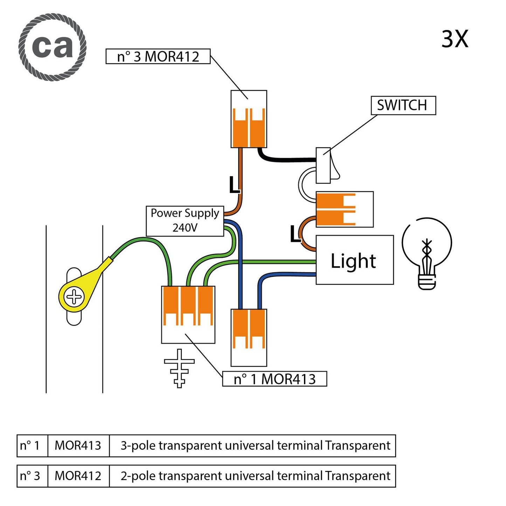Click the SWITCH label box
pos(403,105)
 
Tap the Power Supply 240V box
pos(185,221)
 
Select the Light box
pos(354,260)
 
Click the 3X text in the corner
pos(455,39)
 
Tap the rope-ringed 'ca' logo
pos(53,47)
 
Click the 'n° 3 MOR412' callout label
pos(158,56)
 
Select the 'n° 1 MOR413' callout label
pos(275,379)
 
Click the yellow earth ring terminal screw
pos(74,297)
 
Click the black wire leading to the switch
pos(287,160)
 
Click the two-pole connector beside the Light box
pos(344,209)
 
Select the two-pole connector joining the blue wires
pos(249,337)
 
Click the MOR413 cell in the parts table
pos(78,445)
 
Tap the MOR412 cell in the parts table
pos(78,476)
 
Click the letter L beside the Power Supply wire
pos(234,185)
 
